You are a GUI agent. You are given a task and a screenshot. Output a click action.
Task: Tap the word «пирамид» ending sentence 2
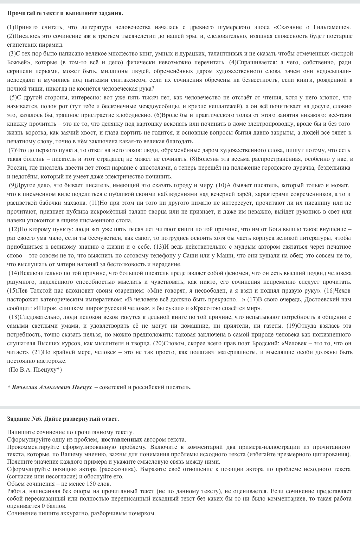[x=53, y=45]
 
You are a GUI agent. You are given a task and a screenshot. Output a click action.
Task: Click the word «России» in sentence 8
[x=15, y=168]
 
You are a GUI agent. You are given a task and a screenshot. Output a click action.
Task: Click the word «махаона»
[x=76, y=203]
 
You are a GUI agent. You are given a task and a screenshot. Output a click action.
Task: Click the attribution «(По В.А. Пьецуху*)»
[x=35, y=370]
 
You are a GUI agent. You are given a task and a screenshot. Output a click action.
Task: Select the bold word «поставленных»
[x=122, y=439]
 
